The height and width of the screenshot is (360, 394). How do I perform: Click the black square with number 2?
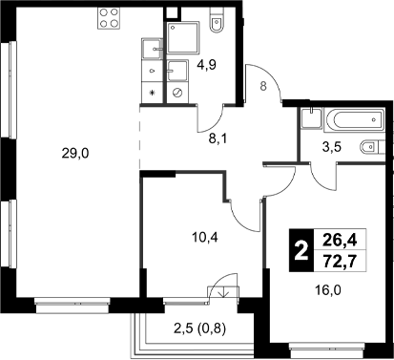pyautogui.click(x=301, y=252)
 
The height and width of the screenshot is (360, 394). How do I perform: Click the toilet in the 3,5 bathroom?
pyautogui.click(x=370, y=149)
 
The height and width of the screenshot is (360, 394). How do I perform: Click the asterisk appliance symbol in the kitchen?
pyautogui.click(x=153, y=93)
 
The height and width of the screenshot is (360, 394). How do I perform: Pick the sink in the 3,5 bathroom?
pyautogui.click(x=309, y=121)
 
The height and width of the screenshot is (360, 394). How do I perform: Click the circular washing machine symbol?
pyautogui.click(x=176, y=92)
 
